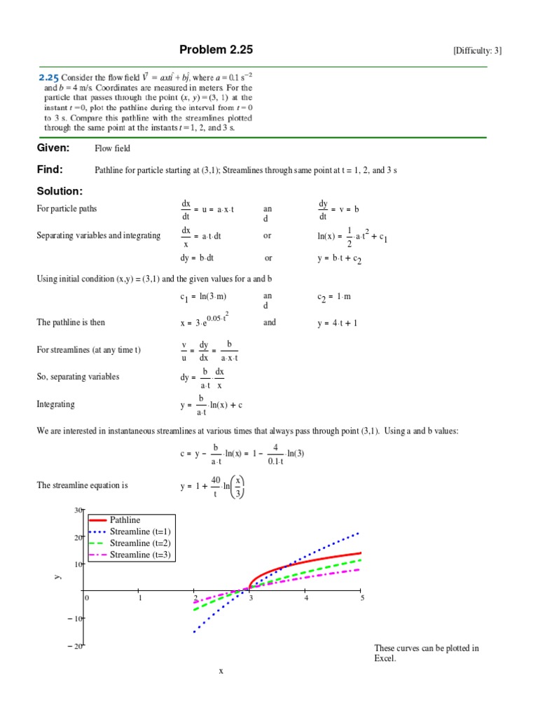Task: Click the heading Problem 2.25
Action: [x=216, y=50]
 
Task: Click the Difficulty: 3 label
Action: [x=477, y=50]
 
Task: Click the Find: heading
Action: [x=50, y=169]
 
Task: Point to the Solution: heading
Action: [x=60, y=191]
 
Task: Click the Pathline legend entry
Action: [x=125, y=520]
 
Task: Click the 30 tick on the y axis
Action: [x=78, y=510]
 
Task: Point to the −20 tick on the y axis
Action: [x=76, y=646]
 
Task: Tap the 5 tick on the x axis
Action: [x=362, y=598]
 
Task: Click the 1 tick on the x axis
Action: [x=140, y=598]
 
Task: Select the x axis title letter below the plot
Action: [x=221, y=671]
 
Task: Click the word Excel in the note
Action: [x=385, y=659]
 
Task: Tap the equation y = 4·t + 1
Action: [x=338, y=323]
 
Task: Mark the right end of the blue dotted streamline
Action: [x=360, y=532]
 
